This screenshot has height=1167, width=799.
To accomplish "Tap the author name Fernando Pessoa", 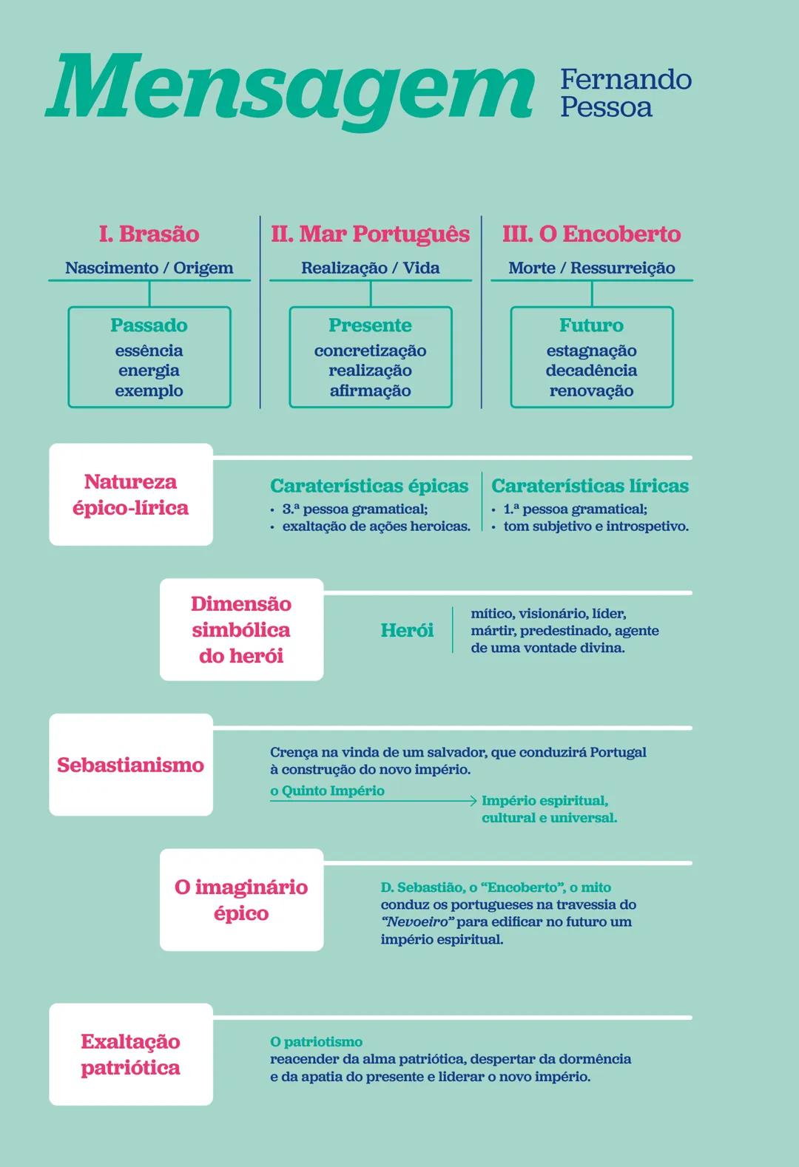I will click(x=625, y=92).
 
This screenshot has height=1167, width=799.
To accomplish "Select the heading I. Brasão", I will click(x=149, y=234).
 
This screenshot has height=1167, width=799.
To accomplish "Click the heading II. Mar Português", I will click(x=370, y=234).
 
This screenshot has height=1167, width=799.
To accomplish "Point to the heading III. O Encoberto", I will click(x=591, y=234).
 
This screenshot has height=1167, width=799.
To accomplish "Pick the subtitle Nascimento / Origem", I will click(x=149, y=268).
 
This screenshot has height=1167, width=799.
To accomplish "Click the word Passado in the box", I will click(x=149, y=325).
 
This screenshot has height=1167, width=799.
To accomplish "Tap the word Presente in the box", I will click(x=370, y=325).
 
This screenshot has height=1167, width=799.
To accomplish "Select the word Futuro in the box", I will click(x=591, y=325).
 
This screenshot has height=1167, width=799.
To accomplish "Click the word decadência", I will click(x=591, y=371).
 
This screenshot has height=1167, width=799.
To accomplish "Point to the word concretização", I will click(x=370, y=351).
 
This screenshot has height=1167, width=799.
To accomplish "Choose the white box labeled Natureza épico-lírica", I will click(x=131, y=495).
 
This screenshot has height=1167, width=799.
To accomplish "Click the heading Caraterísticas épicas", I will click(x=369, y=486).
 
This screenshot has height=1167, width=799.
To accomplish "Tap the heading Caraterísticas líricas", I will click(x=590, y=486).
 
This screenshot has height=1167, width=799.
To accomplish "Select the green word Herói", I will click(x=407, y=630).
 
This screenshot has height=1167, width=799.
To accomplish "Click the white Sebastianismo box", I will click(x=131, y=765).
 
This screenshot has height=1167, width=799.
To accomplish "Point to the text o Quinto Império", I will click(x=327, y=791).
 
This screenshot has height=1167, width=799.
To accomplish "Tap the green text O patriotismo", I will click(x=316, y=1042).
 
